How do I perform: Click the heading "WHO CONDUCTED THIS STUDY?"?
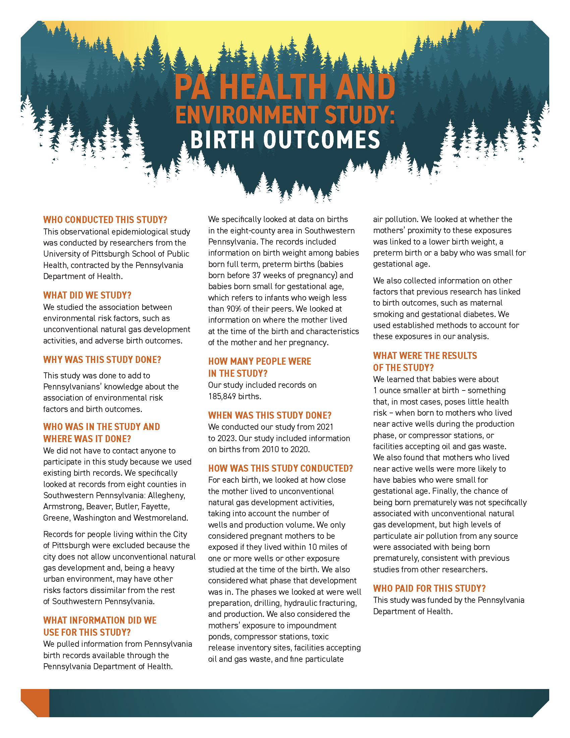click(105, 220)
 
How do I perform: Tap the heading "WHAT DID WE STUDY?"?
click(87, 295)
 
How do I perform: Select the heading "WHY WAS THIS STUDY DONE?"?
click(102, 360)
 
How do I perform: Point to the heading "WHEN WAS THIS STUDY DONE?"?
click(270, 415)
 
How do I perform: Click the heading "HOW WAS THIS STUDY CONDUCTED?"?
click(280, 468)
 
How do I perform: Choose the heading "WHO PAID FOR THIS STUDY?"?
click(429, 588)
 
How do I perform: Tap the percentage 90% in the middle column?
click(231, 309)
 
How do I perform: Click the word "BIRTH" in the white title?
click(222, 140)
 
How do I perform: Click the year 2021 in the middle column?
click(325, 427)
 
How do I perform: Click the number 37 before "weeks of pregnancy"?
click(256, 275)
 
